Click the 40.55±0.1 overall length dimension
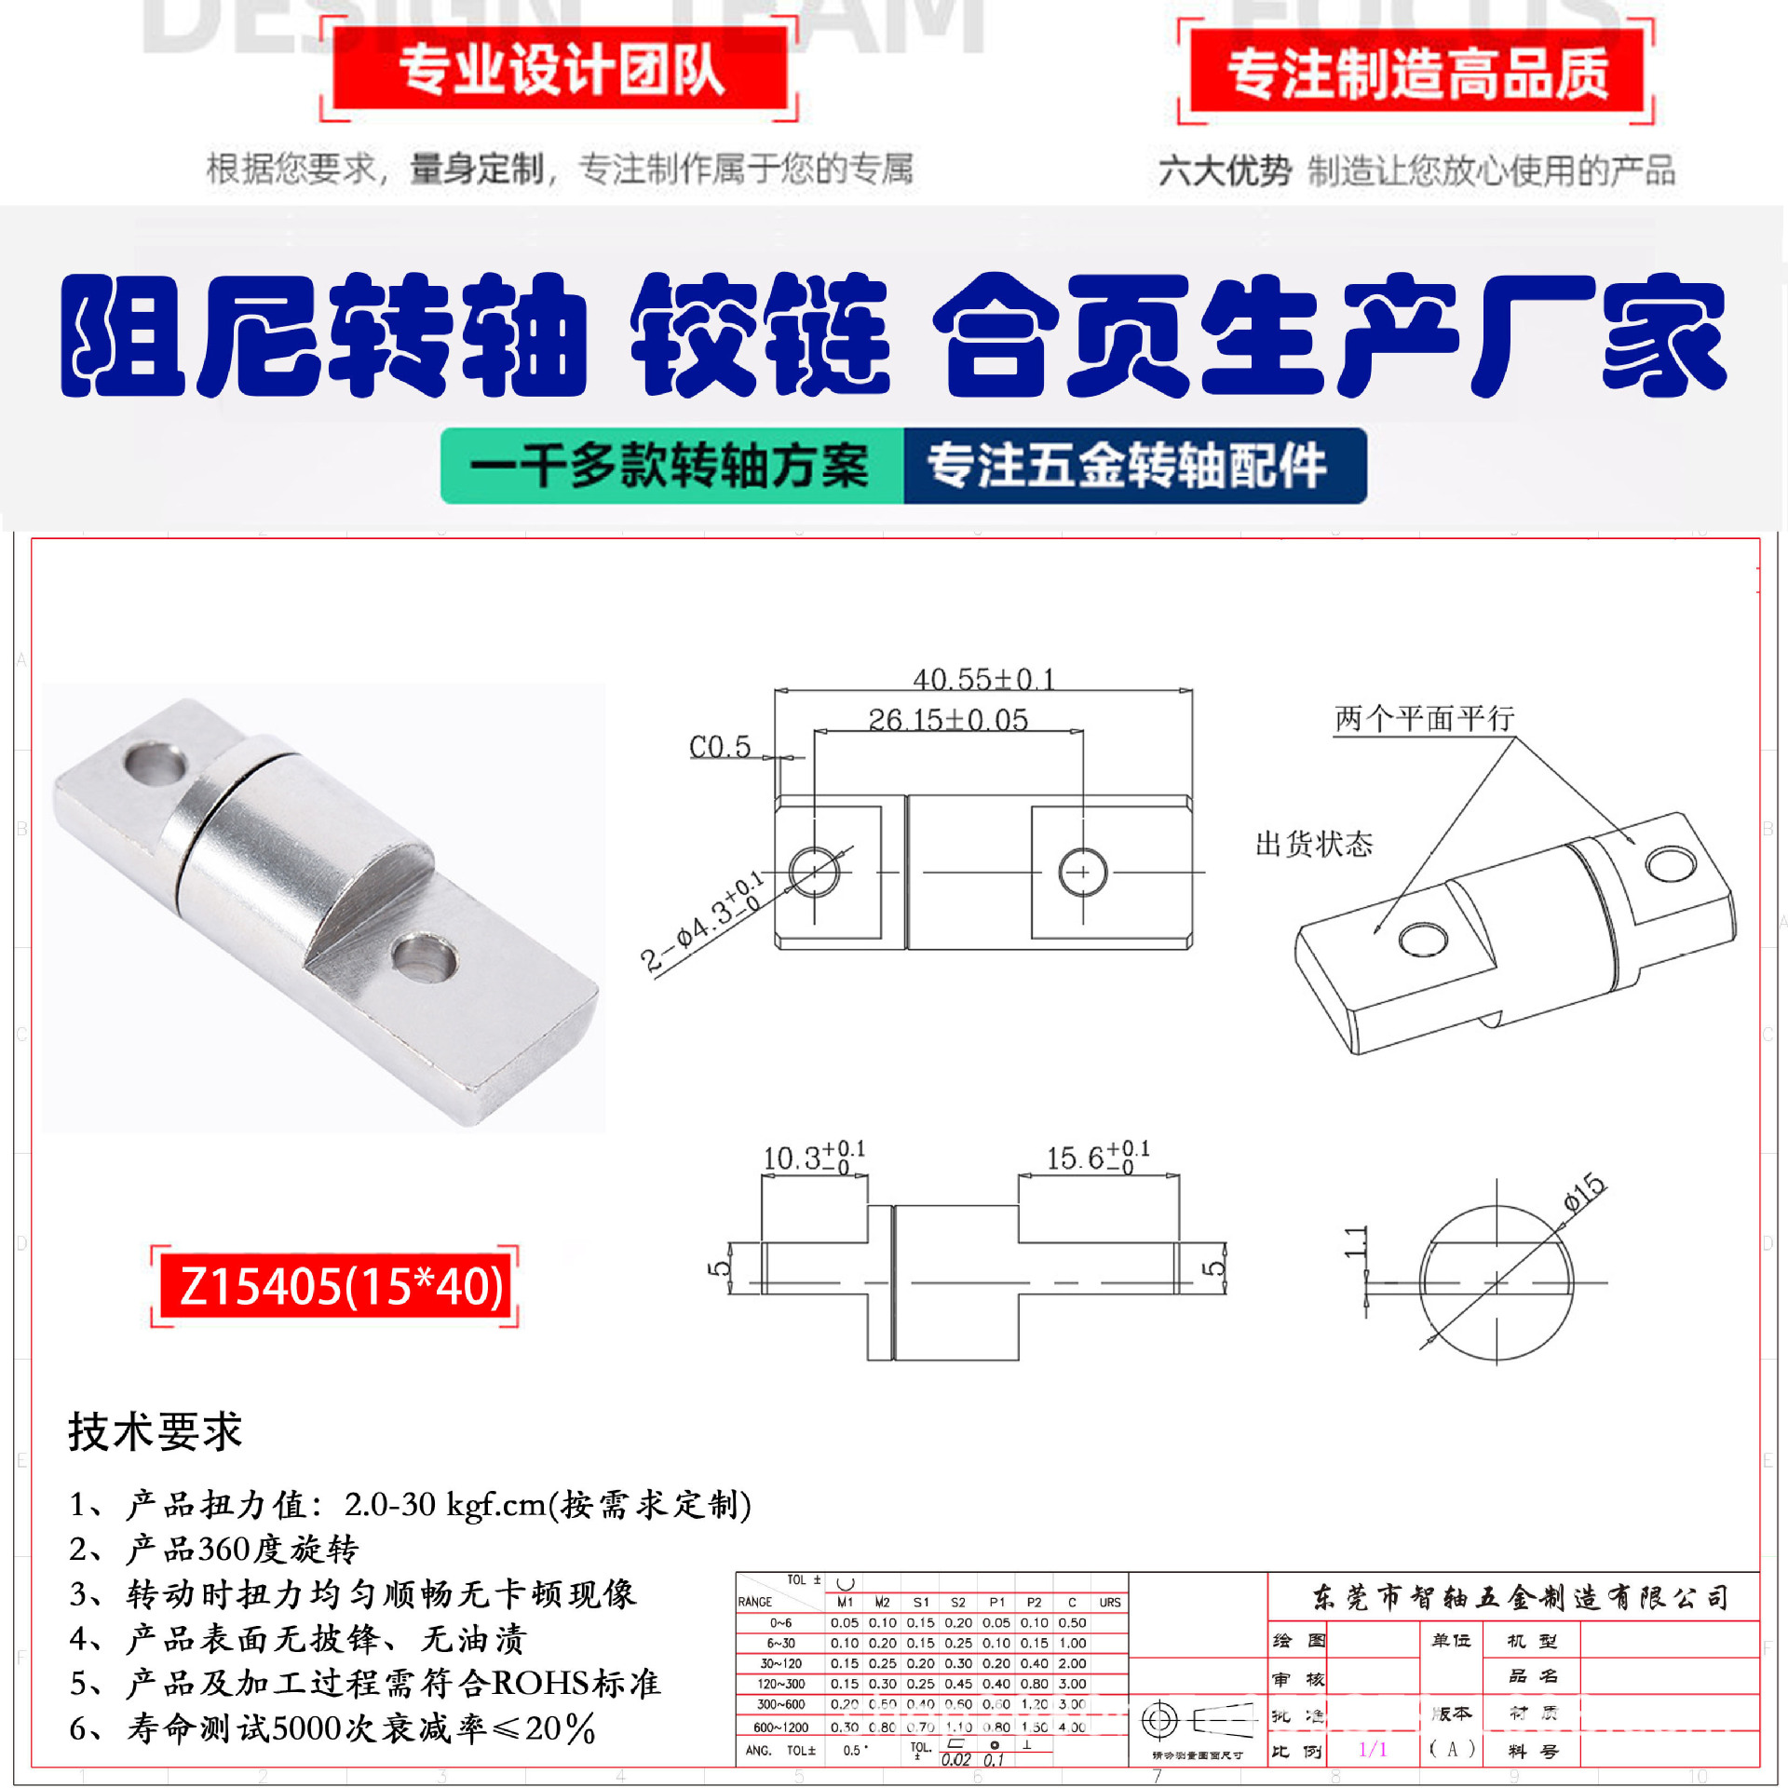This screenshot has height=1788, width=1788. click(x=982, y=679)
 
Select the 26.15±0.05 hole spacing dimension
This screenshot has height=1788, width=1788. click(x=947, y=720)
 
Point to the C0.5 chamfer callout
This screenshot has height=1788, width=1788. click(x=719, y=747)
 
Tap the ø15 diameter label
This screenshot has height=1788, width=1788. click(x=1584, y=1192)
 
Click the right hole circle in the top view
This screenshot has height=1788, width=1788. click(x=1082, y=873)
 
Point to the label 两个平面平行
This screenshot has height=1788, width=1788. click(x=1424, y=719)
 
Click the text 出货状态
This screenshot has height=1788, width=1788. click(x=1313, y=845)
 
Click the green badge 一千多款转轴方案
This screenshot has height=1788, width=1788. click(x=670, y=466)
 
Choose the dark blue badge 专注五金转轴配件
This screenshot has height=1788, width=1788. click(x=1127, y=466)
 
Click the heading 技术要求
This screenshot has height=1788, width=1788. click(x=155, y=1431)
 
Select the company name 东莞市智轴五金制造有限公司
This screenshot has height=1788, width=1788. click(x=1520, y=1598)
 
